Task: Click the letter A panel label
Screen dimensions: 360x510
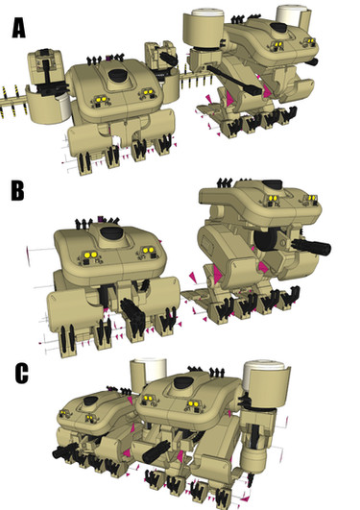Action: [19, 28]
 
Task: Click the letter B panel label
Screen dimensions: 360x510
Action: [17, 190]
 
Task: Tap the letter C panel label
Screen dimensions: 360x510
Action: [21, 374]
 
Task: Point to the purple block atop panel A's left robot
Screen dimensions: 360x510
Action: [108, 58]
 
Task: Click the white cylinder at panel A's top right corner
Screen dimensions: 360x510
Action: [291, 14]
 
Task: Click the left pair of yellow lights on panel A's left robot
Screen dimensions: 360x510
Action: [101, 99]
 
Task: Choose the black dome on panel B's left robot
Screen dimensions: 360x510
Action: [110, 232]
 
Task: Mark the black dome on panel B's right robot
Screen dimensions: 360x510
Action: [272, 184]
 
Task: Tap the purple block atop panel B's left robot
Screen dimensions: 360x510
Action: [101, 218]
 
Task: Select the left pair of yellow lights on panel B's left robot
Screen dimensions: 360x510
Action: [89, 255]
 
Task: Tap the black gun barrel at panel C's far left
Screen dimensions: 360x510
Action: [64, 450]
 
